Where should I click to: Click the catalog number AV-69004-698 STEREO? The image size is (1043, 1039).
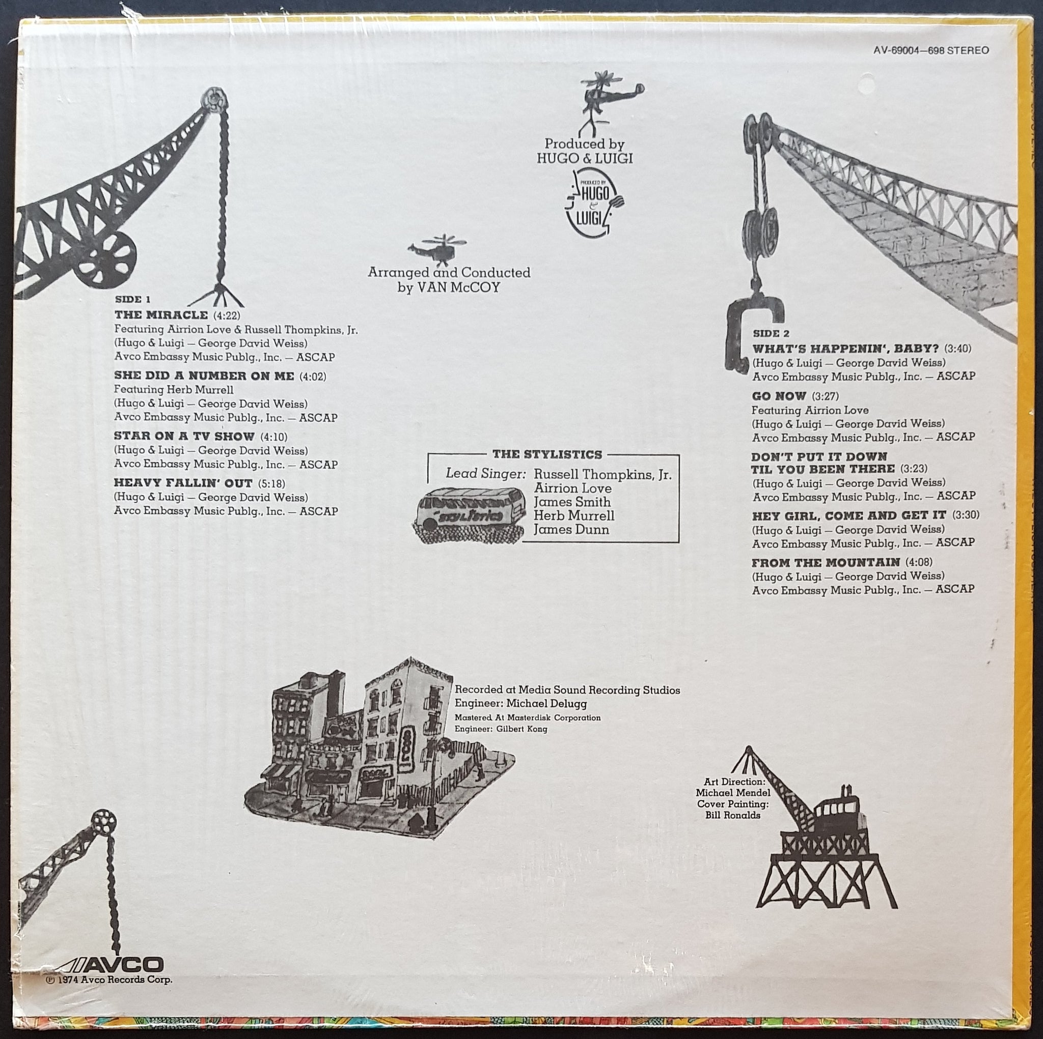931,50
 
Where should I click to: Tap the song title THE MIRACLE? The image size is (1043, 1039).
161,314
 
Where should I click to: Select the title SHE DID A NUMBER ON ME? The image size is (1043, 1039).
204,376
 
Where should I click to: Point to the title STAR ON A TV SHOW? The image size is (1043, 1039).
184,436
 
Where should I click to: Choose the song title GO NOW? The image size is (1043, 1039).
779,396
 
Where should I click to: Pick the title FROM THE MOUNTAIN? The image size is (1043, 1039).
826,563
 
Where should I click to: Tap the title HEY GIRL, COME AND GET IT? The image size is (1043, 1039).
848,516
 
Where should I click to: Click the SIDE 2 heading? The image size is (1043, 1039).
771,333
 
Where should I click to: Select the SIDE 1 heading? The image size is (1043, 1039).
132,299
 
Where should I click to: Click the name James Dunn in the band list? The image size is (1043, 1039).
571,530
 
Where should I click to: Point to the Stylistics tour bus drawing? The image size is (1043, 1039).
470,513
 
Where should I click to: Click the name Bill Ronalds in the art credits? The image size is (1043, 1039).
732,815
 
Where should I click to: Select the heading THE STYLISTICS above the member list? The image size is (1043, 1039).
547,454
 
